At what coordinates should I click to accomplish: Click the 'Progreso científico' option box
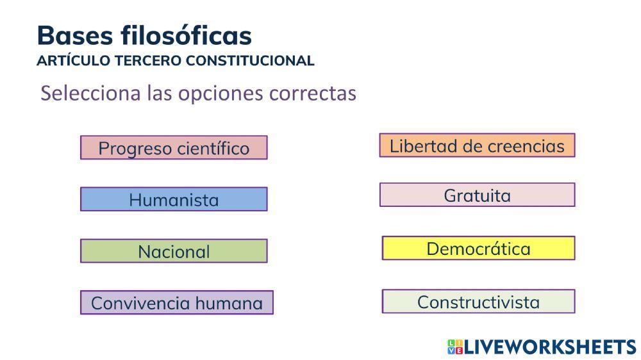coord(174,147)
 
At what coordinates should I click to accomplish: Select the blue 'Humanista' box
coord(174,199)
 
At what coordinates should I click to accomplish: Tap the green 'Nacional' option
coord(174,251)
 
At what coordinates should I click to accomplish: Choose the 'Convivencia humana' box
coord(177,302)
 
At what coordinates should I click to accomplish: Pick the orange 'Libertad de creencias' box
coord(477,145)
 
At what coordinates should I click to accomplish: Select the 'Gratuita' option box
coord(477,195)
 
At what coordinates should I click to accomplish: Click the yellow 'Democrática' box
coord(478,248)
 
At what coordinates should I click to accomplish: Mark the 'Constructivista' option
coord(478,301)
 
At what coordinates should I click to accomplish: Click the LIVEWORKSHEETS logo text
coord(550,347)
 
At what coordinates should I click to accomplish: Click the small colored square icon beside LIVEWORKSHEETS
coord(454,347)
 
